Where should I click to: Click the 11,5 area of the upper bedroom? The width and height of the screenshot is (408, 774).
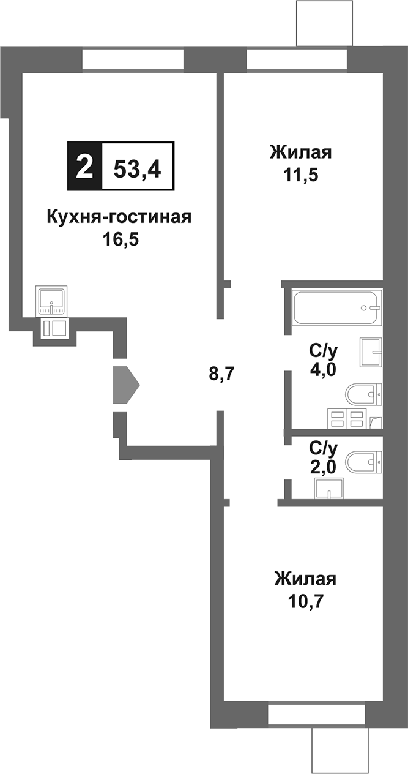click(x=300, y=173)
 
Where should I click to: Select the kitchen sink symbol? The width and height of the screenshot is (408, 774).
click(x=53, y=300)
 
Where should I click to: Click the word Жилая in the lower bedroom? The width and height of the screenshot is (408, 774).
click(x=305, y=579)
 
